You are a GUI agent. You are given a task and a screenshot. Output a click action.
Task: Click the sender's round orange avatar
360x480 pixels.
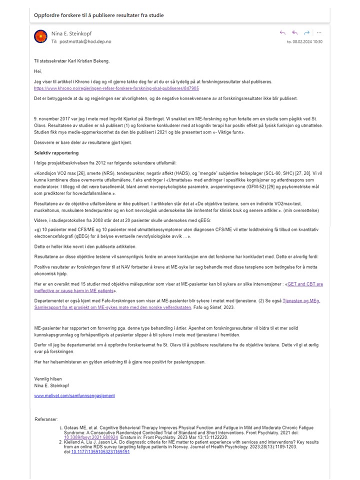tap(40, 36)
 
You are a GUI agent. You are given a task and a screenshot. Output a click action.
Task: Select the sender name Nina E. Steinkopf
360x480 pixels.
tap(71, 33)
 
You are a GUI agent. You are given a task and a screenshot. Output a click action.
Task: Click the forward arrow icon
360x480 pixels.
tap(307, 33)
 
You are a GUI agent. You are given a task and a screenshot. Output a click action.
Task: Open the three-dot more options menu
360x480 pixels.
tap(319, 33)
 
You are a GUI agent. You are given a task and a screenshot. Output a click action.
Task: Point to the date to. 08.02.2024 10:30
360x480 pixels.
tap(304, 42)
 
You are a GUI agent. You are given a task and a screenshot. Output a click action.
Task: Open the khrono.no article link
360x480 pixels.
tap(116, 88)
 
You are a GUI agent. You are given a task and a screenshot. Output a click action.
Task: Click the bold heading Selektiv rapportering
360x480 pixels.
tap(56, 152)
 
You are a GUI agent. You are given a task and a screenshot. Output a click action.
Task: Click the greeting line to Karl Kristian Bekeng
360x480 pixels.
tap(71, 61)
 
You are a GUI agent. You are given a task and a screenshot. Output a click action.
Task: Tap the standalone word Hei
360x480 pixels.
tap(37, 71)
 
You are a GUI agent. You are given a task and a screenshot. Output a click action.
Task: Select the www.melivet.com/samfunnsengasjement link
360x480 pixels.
tap(74, 395)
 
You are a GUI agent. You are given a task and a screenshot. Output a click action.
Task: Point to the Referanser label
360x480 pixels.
tap(46, 418)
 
